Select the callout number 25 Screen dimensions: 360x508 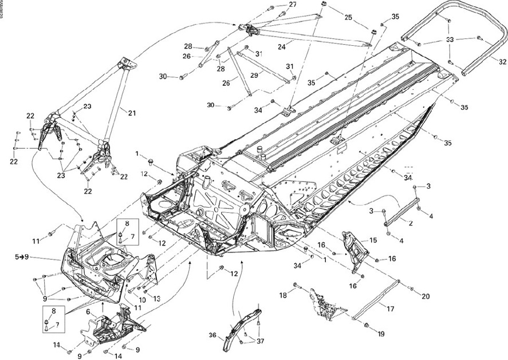(x=348, y=18)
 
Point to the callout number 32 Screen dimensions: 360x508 (x=502, y=61)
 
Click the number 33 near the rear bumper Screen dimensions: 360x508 (x=450, y=40)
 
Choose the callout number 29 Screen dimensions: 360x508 (x=254, y=75)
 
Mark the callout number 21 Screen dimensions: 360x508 (x=132, y=113)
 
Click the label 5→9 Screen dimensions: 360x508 (x=21, y=257)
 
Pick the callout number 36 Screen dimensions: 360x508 (x=213, y=336)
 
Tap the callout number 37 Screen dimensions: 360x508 (x=261, y=342)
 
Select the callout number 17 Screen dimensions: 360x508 (x=390, y=309)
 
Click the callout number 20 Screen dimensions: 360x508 (x=426, y=296)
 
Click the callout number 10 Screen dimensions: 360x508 (x=143, y=300)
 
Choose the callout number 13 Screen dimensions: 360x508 (x=157, y=298)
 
